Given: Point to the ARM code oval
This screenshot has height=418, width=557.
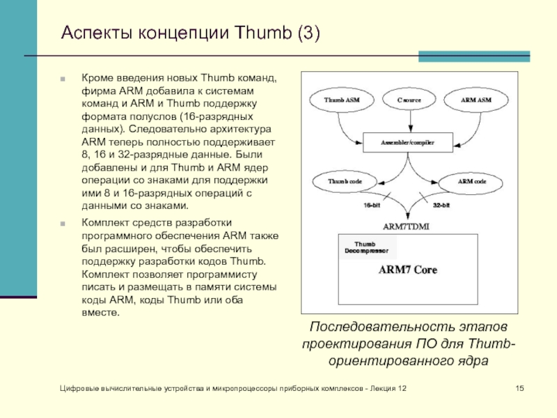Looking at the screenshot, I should pyautogui.click(x=472, y=181).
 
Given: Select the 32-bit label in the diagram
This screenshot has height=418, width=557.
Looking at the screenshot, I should pyautogui.click(x=441, y=206).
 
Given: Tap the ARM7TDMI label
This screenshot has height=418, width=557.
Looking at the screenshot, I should pyautogui.click(x=408, y=226).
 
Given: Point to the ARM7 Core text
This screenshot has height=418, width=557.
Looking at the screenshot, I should pyautogui.click(x=408, y=270).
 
